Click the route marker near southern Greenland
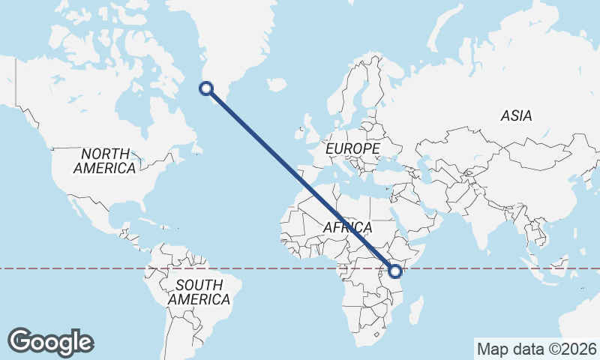click(x=206, y=89)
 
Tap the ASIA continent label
click(x=517, y=115)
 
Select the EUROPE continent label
click(x=352, y=149)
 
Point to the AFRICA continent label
click(x=347, y=227)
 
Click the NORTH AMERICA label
click(x=104, y=160)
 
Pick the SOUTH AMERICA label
click(x=199, y=292)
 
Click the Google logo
click(x=51, y=342)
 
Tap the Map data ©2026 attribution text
click(x=537, y=349)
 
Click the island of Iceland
click(x=276, y=85)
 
